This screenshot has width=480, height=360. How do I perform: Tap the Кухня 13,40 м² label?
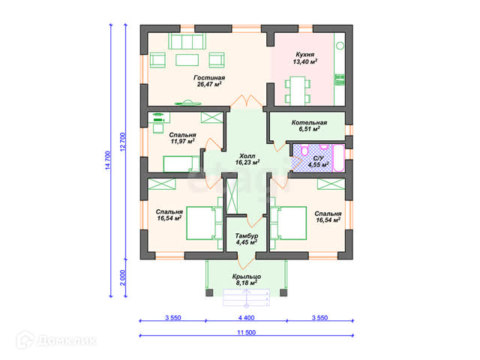coord(305,58)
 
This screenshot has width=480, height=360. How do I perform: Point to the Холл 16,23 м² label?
coord(247,160)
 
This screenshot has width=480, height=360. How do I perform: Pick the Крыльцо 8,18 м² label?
coord(247,280)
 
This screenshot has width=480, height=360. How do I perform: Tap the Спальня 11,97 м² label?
coord(182,138)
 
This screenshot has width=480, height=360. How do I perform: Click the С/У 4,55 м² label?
coord(318,162)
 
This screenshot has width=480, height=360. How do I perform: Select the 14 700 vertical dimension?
coord(107,160)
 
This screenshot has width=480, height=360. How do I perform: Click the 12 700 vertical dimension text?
coord(122,142)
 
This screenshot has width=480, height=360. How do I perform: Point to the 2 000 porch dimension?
coord(122,277)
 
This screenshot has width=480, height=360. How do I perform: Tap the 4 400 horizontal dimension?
coord(247,318)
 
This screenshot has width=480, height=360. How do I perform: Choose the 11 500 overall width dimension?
coord(247,332)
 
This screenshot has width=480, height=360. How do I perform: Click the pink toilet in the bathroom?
coord(304,150)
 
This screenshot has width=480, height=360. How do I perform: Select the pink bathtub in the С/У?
coord(338,158)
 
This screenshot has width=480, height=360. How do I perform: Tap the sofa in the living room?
coord(187,41)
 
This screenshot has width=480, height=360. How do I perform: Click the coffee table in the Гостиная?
coord(187,60)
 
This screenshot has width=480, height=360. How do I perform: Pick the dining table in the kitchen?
coord(298,91)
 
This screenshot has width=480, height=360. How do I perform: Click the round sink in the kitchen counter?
coord(340,46)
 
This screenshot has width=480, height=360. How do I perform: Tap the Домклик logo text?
coord(67,340)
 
